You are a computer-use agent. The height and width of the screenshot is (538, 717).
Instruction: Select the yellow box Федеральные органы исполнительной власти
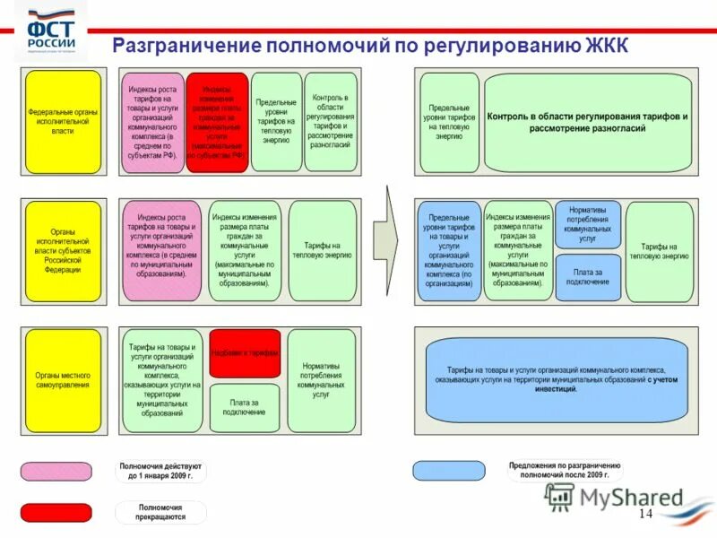[x=63, y=122]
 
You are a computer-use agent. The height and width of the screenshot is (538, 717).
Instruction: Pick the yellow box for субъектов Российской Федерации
[x=63, y=250]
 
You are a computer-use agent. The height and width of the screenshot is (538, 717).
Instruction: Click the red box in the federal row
[x=217, y=122]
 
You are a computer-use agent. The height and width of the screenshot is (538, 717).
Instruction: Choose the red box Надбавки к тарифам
[x=245, y=352]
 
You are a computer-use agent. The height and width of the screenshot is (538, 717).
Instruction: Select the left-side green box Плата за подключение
[x=245, y=407]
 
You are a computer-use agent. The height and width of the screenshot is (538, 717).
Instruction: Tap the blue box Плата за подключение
[x=587, y=277]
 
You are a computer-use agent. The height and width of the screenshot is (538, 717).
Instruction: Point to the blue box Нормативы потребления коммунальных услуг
[x=587, y=225]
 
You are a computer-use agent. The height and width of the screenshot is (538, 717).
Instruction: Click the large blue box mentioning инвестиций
[x=557, y=379]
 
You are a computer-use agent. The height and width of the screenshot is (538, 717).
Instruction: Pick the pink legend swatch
[x=56, y=471]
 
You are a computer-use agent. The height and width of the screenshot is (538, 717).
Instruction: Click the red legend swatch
[x=56, y=512]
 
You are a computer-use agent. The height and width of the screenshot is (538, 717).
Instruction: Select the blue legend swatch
[x=448, y=471]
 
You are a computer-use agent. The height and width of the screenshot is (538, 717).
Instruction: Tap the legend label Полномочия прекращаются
[x=161, y=512]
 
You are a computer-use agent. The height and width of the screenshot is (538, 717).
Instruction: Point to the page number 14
[x=646, y=514]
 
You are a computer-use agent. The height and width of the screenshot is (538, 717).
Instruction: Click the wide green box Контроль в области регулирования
[x=587, y=122]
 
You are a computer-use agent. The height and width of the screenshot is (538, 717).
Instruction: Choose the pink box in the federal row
[x=152, y=122]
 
